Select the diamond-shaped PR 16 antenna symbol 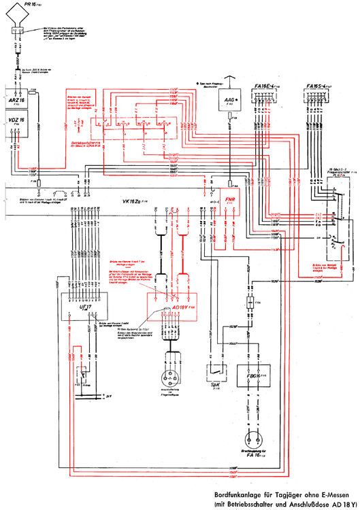tap(18, 30)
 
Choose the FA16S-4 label tap(317, 86)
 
